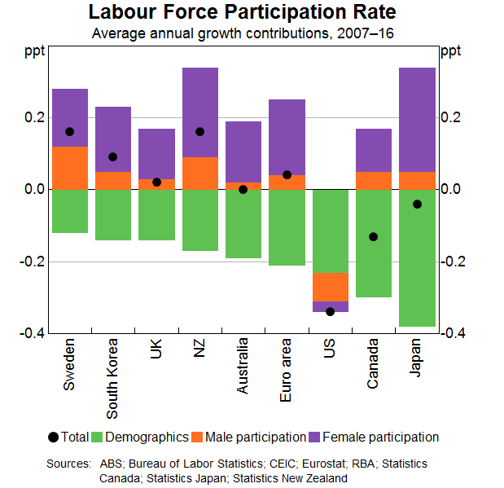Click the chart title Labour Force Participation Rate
click(x=243, y=14)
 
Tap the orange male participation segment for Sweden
click(x=69, y=168)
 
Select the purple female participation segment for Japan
click(x=417, y=119)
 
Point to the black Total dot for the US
click(x=330, y=311)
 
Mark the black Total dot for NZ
click(x=199, y=132)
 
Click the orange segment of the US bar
click(x=330, y=287)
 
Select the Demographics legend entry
click(x=139, y=437)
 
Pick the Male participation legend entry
click(x=249, y=437)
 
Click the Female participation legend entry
click(x=382, y=437)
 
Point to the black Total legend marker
click(x=54, y=437)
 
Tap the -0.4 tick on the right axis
click(x=455, y=333)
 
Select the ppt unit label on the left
click(x=35, y=51)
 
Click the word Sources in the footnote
click(x=69, y=464)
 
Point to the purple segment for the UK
click(x=156, y=153)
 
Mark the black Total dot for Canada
click(x=373, y=236)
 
